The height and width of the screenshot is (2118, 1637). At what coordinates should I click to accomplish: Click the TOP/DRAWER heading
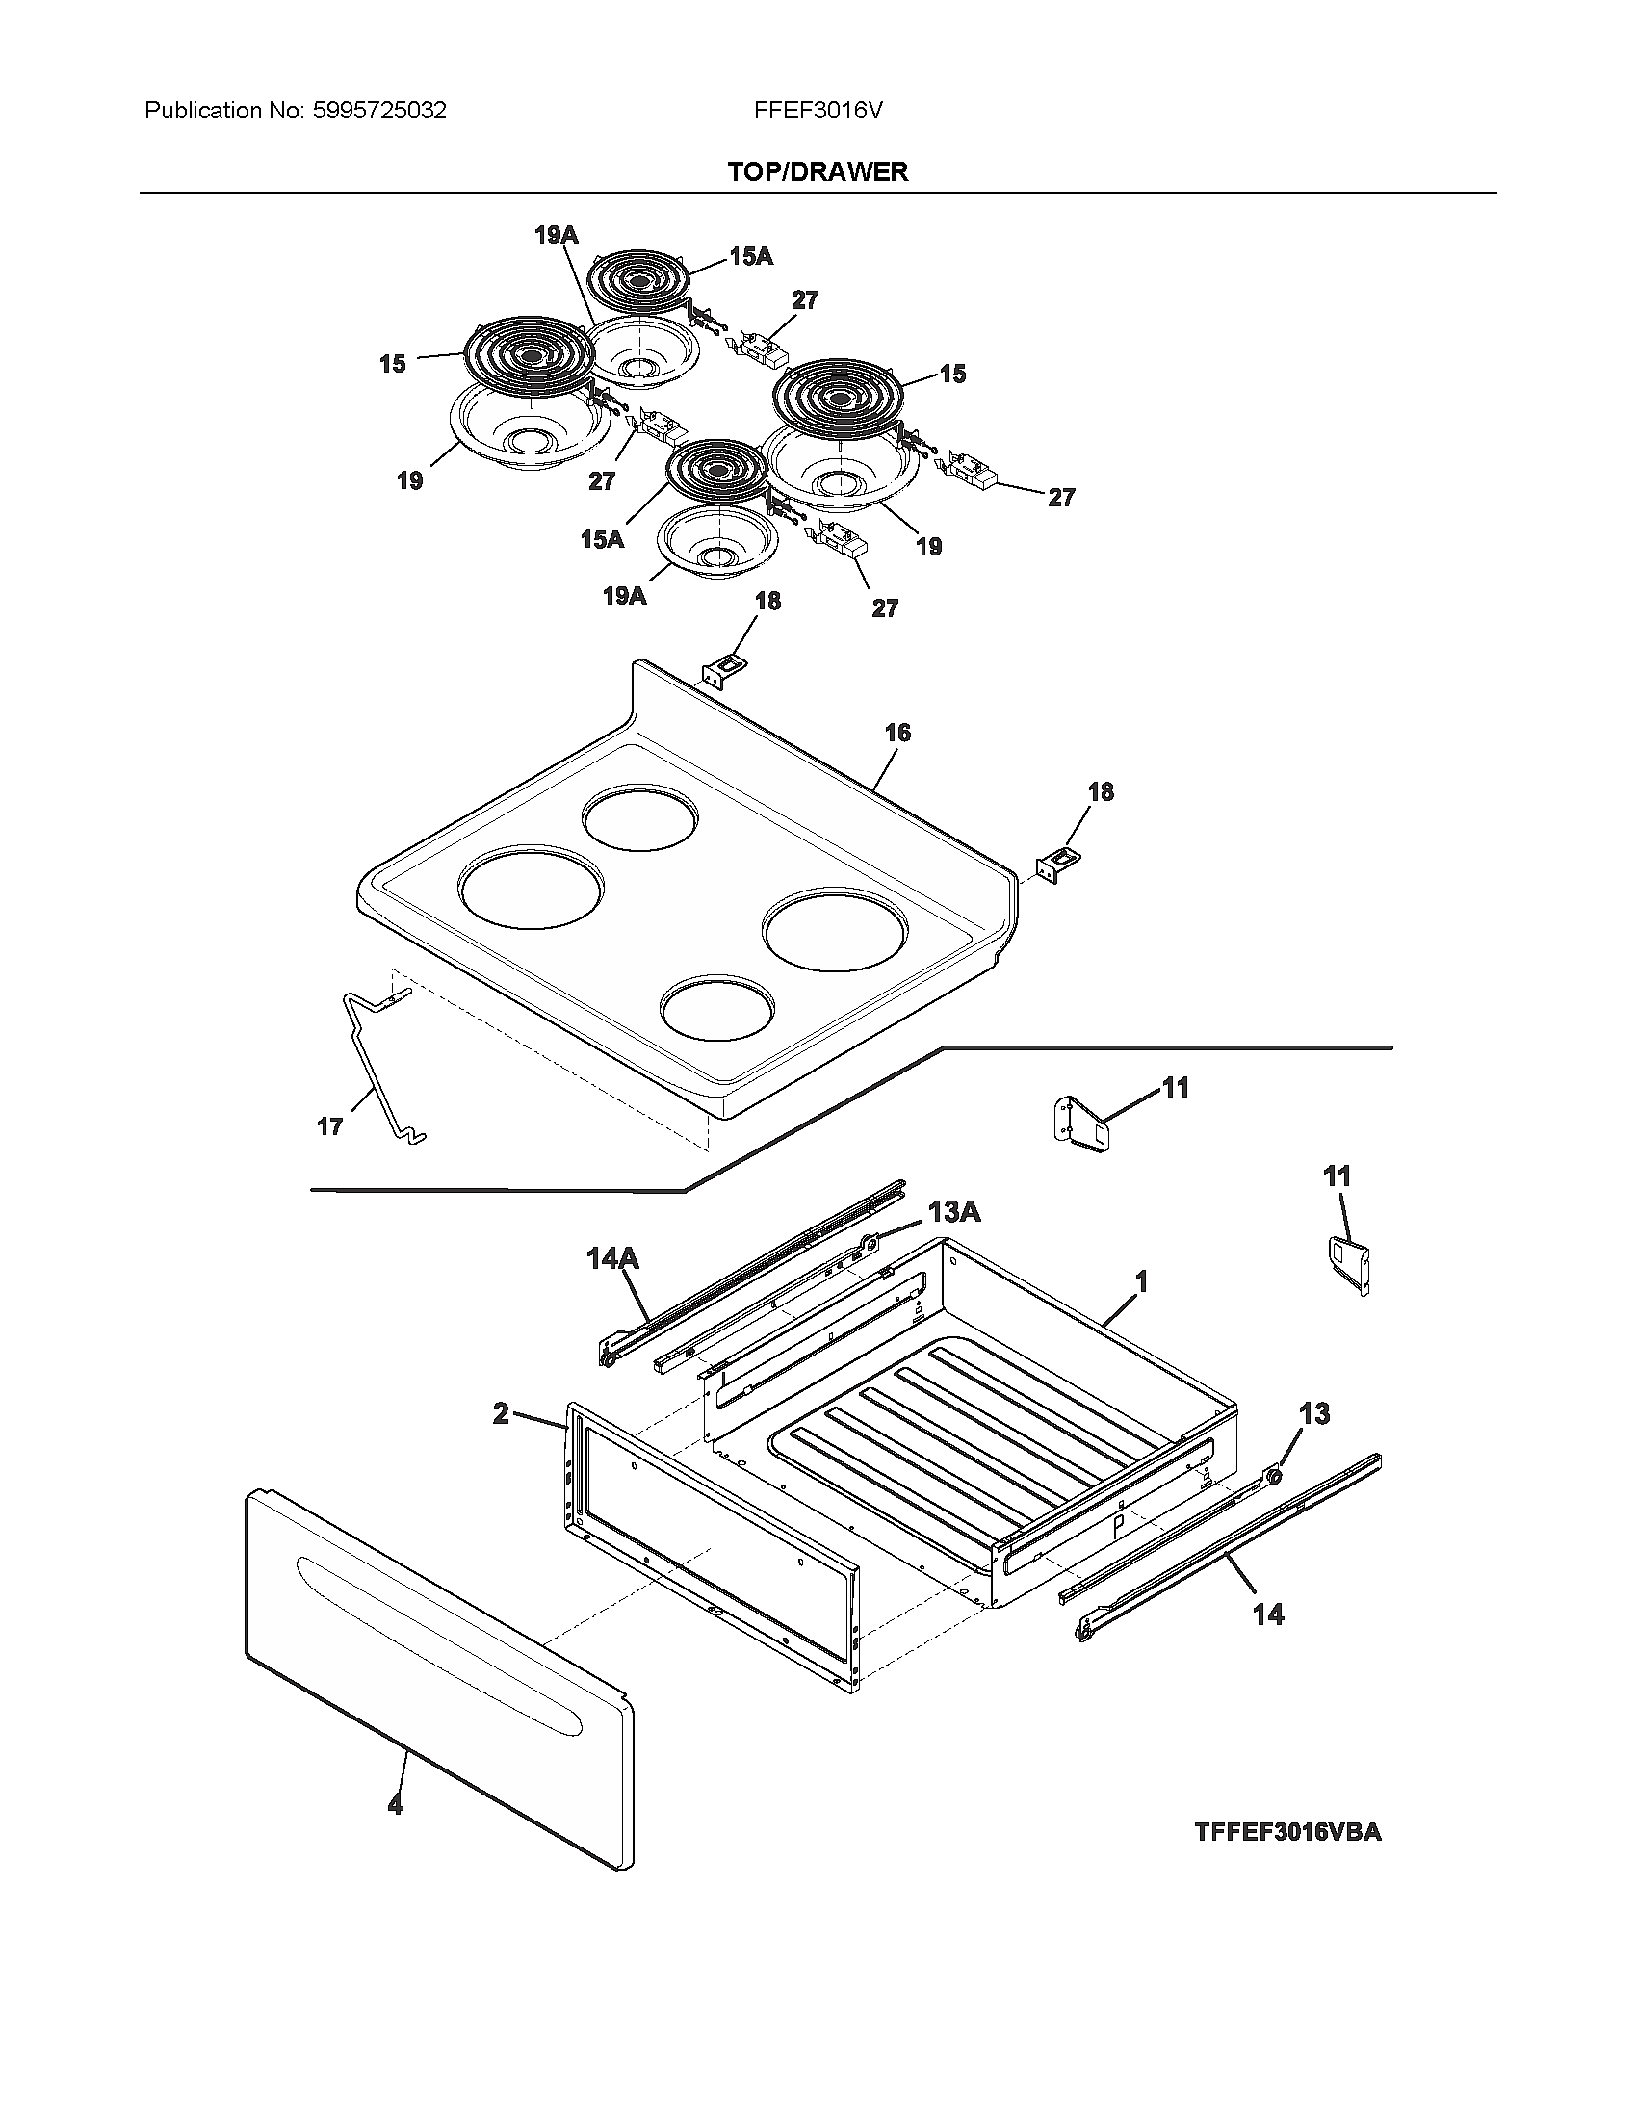(818, 171)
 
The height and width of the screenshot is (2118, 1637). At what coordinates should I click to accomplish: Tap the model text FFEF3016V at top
(818, 111)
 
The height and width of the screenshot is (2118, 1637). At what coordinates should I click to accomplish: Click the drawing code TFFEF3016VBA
(1287, 1832)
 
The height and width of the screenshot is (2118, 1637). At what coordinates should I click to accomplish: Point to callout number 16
(897, 733)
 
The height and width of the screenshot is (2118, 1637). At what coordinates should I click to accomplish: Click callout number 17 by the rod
(329, 1126)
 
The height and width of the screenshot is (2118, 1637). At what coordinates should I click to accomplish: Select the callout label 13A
(953, 1211)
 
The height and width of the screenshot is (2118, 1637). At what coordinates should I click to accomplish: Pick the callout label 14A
(611, 1259)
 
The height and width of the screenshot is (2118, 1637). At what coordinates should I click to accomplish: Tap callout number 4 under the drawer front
(395, 1805)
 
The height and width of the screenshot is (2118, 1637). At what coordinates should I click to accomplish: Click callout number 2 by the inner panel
(501, 1414)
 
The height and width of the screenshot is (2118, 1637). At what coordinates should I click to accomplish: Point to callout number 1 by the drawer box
(1141, 1282)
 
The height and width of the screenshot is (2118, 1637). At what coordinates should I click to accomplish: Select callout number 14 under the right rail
(1267, 1614)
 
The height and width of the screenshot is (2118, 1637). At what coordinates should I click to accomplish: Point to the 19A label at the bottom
(624, 595)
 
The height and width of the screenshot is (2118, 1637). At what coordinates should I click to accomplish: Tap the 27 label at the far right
(1061, 498)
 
